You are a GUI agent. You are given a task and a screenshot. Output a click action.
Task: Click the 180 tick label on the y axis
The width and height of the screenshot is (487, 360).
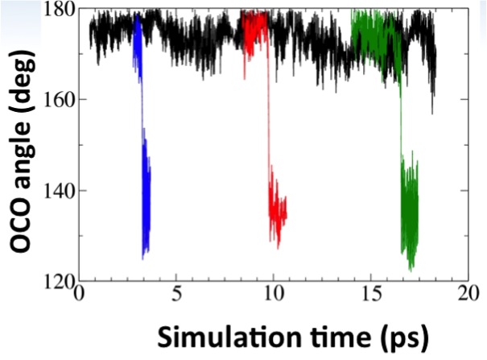point(60,10)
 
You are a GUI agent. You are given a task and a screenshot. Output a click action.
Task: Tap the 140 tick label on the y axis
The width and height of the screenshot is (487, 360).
point(60,192)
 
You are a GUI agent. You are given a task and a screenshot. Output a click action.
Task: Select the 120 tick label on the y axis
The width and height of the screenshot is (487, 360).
point(60,283)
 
